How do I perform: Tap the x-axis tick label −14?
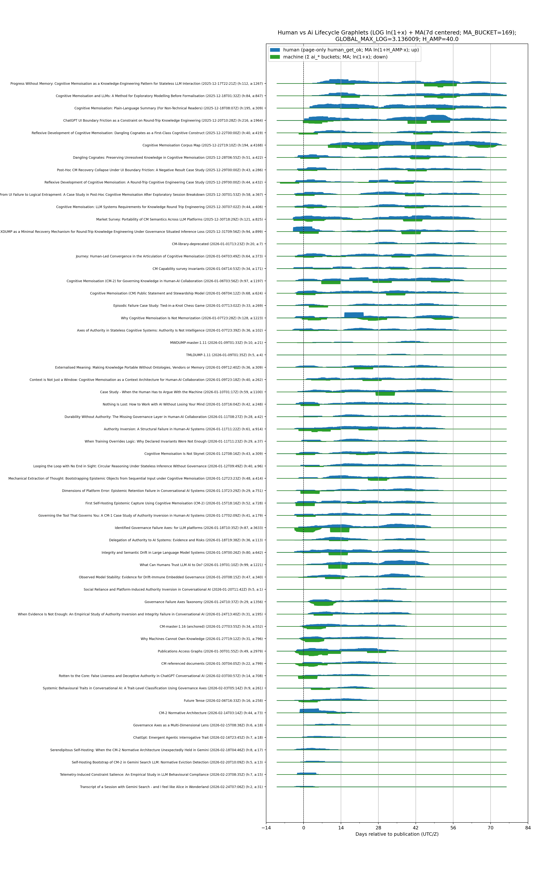coord(266,828)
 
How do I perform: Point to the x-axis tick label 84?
coord(528,828)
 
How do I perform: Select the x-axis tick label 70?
coord(491,828)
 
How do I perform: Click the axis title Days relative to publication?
coord(397,834)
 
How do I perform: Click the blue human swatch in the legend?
coord(275,50)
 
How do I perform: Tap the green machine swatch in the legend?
coord(275,57)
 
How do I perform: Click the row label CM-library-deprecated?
coord(217,244)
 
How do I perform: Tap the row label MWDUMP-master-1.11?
coord(216,343)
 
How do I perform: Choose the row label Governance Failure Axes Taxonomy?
coord(204,602)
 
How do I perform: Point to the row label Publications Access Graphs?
coord(210,651)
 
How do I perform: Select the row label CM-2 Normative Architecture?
coord(211,713)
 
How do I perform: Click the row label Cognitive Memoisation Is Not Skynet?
coord(204,454)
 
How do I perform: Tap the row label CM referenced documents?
coord(212,664)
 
